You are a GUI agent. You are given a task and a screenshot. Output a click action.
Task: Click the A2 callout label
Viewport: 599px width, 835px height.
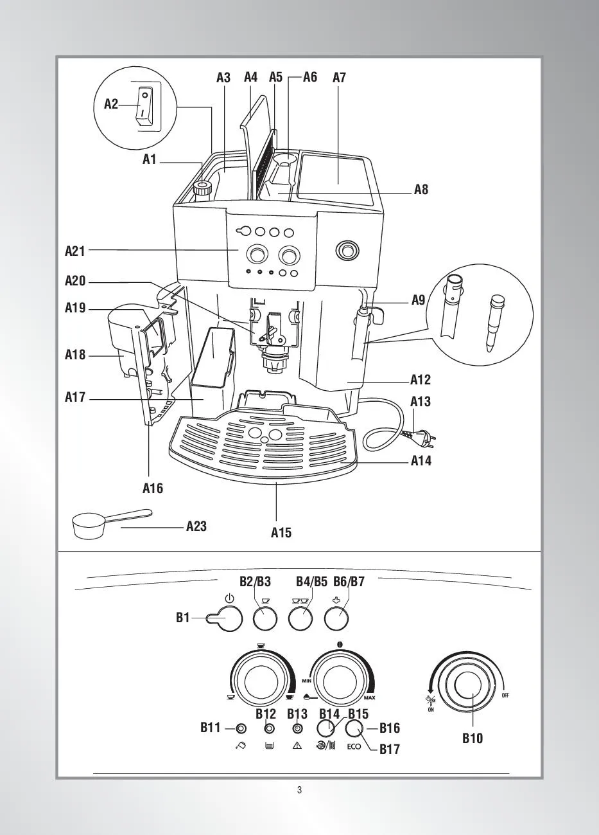point(111,103)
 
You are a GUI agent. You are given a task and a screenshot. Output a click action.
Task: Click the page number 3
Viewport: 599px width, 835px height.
point(299,790)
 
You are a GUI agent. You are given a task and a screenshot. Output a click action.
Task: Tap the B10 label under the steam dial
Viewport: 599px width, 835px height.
point(473,739)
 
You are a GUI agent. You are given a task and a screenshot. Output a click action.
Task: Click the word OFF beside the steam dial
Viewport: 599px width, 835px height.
point(505,696)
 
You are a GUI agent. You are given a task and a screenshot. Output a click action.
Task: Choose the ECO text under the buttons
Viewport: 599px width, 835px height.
point(354,747)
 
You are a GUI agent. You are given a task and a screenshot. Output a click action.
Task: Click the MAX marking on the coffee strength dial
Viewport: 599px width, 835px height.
point(369,698)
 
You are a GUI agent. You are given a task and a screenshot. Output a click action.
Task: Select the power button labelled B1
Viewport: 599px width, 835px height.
point(229,619)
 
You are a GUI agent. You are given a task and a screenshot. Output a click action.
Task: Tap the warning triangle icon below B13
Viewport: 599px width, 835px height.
point(297,746)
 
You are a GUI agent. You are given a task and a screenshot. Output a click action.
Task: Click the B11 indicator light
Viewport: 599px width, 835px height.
point(241,728)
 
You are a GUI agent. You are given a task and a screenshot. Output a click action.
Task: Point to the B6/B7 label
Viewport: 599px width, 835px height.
point(349,582)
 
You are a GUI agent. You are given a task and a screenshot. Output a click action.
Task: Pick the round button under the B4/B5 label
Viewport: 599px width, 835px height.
point(300,620)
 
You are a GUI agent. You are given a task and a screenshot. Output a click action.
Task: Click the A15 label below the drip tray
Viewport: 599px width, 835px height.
point(281,532)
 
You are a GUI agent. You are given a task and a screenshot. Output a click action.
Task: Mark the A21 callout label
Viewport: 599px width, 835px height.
point(75,251)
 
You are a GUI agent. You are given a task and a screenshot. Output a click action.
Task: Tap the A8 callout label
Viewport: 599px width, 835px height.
point(421,190)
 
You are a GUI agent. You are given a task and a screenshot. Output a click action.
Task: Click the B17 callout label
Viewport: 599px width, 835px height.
point(389,749)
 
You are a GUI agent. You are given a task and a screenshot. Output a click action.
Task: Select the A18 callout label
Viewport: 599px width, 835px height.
point(75,354)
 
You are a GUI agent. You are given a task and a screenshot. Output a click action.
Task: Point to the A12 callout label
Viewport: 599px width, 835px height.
point(421,380)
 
